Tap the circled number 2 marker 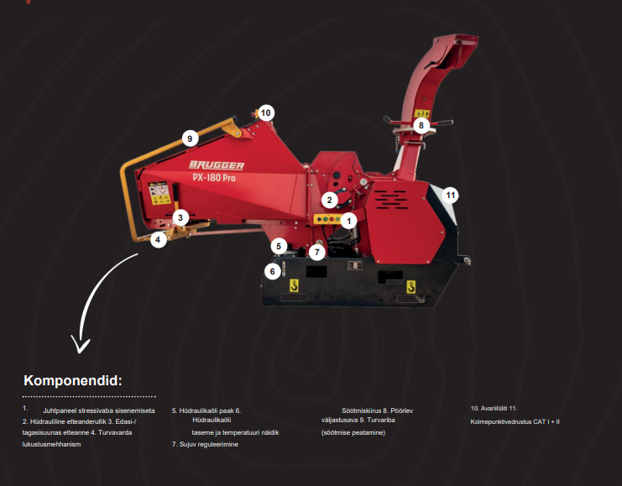tap(330, 200)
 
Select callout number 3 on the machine tap(179, 217)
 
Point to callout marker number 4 tap(157, 240)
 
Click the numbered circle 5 tap(279, 246)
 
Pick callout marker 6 tap(271, 270)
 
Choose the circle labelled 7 tap(316, 251)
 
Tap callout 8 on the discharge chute tap(421, 125)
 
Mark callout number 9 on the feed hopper tap(191, 138)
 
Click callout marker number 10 tap(266, 112)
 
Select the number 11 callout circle tap(450, 195)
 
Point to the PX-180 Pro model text tap(217, 178)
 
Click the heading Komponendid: tap(73, 380)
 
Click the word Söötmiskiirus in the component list tap(361, 410)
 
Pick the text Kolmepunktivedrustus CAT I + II tap(515, 421)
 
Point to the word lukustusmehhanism tap(51, 443)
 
